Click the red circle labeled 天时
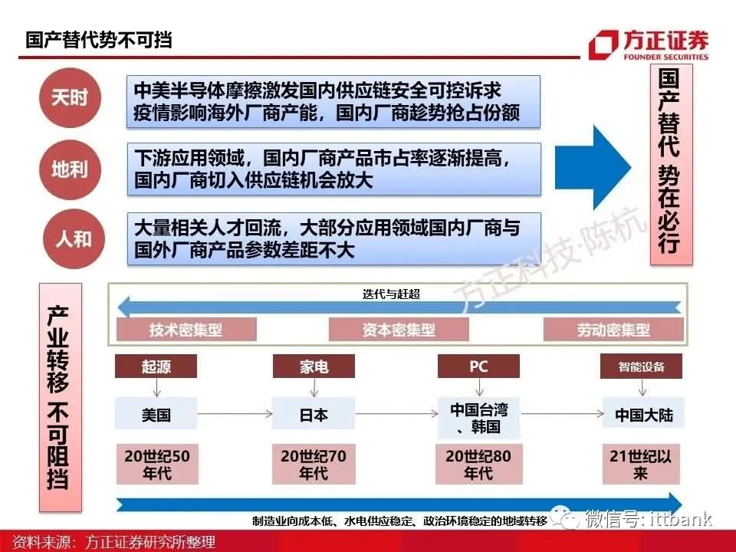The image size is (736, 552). (70, 97)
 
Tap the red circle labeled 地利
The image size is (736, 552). (70, 169)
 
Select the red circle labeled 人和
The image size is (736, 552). (74, 239)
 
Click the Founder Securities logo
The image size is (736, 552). (649, 44)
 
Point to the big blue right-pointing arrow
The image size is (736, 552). (593, 167)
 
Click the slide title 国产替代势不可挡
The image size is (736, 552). (99, 40)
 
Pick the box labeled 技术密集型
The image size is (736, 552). (186, 330)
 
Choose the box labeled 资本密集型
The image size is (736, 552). (399, 330)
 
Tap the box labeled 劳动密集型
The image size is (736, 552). (613, 330)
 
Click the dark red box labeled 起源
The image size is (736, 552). (156, 366)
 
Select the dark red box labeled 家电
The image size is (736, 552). (314, 366)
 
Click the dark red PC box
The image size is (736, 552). (478, 366)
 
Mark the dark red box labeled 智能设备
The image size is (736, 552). (641, 366)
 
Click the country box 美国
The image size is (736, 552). (156, 414)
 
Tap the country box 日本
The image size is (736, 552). (314, 414)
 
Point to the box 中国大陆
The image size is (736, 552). (643, 414)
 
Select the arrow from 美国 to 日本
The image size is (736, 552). (235, 413)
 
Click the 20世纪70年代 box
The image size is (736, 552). (314, 465)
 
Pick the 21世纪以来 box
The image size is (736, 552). (641, 465)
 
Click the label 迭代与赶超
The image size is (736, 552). (391, 294)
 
